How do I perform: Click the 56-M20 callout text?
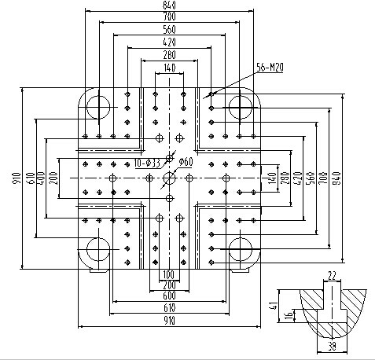(270, 68)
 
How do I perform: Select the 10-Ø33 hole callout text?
(147, 163)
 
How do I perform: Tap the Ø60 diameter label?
(186, 162)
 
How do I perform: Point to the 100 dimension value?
(169, 275)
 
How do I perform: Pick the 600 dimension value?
(169, 296)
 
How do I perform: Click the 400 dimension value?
(40, 178)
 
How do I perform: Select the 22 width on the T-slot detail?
(332, 275)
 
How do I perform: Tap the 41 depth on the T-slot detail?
(274, 306)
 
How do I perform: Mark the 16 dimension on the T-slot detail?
(289, 315)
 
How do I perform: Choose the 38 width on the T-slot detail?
(332, 347)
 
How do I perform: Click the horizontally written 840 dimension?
(169, 6)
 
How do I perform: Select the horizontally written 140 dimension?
(170, 68)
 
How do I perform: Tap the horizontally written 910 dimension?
(169, 321)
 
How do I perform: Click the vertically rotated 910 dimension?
(17, 178)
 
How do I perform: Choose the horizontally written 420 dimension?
(169, 42)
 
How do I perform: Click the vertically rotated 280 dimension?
(285, 178)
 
